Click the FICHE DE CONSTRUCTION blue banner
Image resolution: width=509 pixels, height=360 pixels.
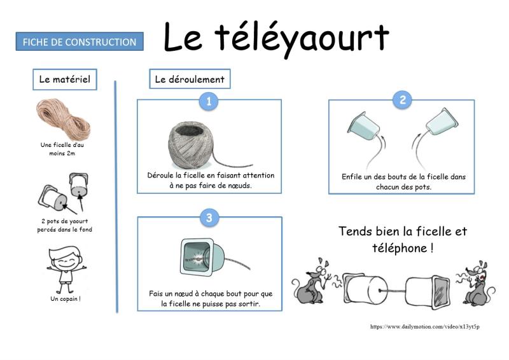click(x=80, y=41)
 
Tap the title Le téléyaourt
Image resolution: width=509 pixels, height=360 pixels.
click(x=276, y=38)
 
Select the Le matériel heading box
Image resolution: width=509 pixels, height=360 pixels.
click(x=65, y=80)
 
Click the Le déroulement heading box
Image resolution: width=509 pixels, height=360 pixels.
click(x=190, y=79)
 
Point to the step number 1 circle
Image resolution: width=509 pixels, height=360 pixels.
click(x=209, y=101)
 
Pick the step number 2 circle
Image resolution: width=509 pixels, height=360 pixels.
click(x=403, y=100)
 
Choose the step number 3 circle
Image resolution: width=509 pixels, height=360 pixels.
click(x=209, y=217)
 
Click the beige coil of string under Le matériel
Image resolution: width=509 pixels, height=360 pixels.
click(x=63, y=119)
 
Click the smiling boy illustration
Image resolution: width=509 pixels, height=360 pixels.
click(x=67, y=270)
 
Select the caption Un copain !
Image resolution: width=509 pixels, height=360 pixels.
click(x=66, y=299)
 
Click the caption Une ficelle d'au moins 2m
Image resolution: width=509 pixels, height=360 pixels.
click(x=62, y=149)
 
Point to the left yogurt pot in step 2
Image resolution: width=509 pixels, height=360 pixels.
click(x=363, y=126)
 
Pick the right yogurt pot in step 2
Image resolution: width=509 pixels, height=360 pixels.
click(x=442, y=121)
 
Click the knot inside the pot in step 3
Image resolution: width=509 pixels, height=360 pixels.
click(x=198, y=259)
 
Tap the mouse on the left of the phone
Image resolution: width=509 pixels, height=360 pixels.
click(x=310, y=280)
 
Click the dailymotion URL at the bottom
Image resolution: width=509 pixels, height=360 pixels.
click(x=424, y=326)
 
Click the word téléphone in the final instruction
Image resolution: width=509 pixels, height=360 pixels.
click(x=400, y=248)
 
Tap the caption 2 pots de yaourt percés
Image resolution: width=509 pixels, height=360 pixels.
click(x=64, y=225)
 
